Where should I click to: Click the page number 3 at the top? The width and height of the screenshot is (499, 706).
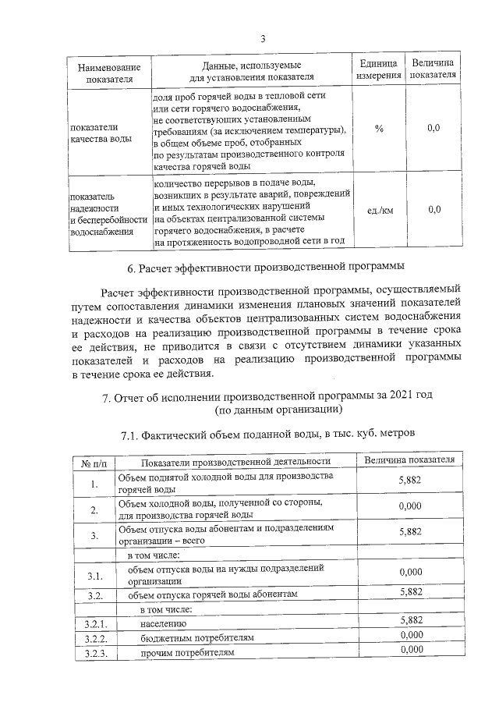coord(263,39)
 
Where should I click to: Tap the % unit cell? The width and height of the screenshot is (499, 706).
coord(378,128)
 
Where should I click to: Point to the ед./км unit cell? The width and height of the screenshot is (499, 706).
coord(378,210)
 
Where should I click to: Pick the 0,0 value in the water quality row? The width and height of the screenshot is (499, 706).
coord(434,128)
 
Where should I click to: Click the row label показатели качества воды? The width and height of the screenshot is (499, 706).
coord(101,133)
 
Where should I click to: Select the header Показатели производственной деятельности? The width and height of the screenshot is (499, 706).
coord(232,462)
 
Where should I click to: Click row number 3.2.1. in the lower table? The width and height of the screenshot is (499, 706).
coord(94,623)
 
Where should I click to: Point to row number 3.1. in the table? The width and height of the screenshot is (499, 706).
coord(94,576)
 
